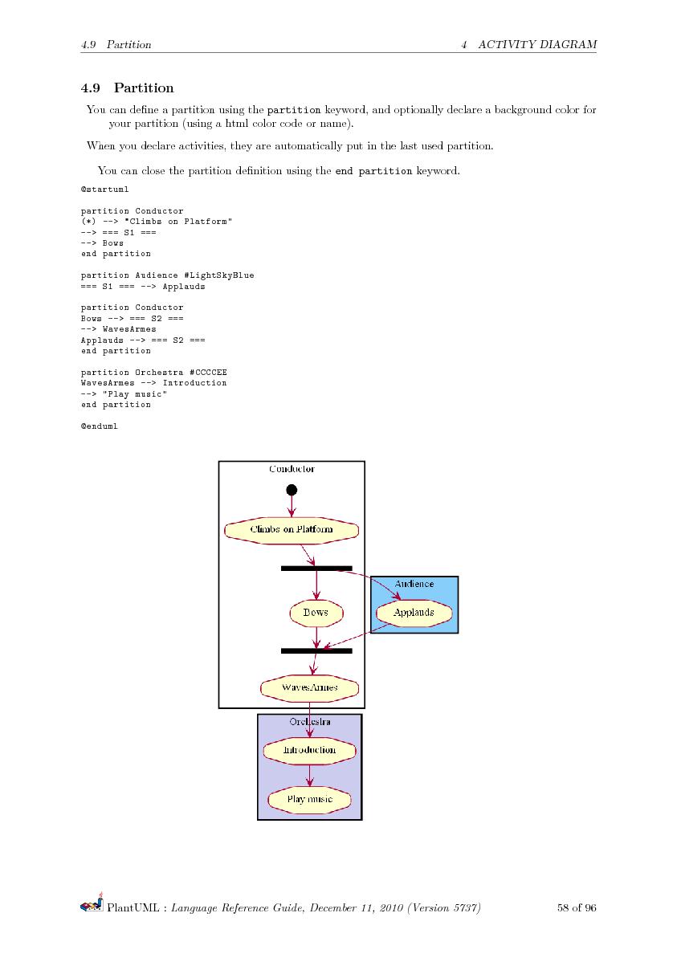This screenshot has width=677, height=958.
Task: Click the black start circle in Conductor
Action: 292,490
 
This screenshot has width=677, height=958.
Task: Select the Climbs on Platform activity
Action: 292,530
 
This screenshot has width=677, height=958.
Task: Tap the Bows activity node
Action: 316,613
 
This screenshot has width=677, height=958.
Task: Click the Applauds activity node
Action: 414,613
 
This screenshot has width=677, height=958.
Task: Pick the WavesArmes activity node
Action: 309,687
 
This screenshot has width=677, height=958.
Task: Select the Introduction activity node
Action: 309,750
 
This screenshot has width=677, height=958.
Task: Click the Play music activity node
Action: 309,800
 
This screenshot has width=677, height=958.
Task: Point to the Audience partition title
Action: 414,584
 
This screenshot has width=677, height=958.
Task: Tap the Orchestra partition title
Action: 309,722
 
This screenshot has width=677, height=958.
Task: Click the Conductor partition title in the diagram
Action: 292,469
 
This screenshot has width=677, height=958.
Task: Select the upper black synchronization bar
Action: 316,569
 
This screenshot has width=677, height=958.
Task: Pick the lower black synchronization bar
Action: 316,650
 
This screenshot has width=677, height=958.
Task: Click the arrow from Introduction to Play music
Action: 310,775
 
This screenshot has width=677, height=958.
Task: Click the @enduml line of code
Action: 99,426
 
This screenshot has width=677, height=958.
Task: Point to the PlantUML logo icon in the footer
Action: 92,907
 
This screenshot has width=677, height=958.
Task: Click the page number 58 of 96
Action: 576,908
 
